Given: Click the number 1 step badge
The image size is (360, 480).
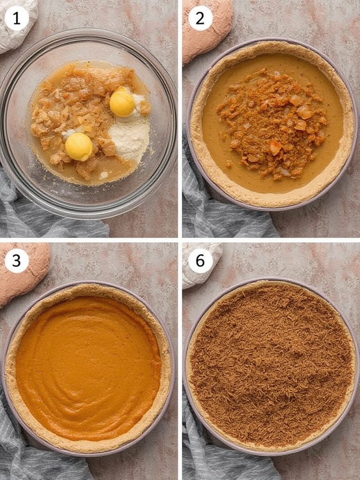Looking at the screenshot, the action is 16,18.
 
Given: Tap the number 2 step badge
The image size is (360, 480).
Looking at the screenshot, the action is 200,18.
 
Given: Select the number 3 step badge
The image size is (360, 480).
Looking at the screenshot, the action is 16,261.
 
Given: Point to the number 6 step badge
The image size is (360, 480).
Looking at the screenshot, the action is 200,261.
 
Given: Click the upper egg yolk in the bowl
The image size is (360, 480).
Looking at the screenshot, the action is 122,102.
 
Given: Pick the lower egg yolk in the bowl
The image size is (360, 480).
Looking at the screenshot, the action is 79,147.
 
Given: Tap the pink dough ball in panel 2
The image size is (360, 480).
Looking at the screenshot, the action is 207,29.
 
